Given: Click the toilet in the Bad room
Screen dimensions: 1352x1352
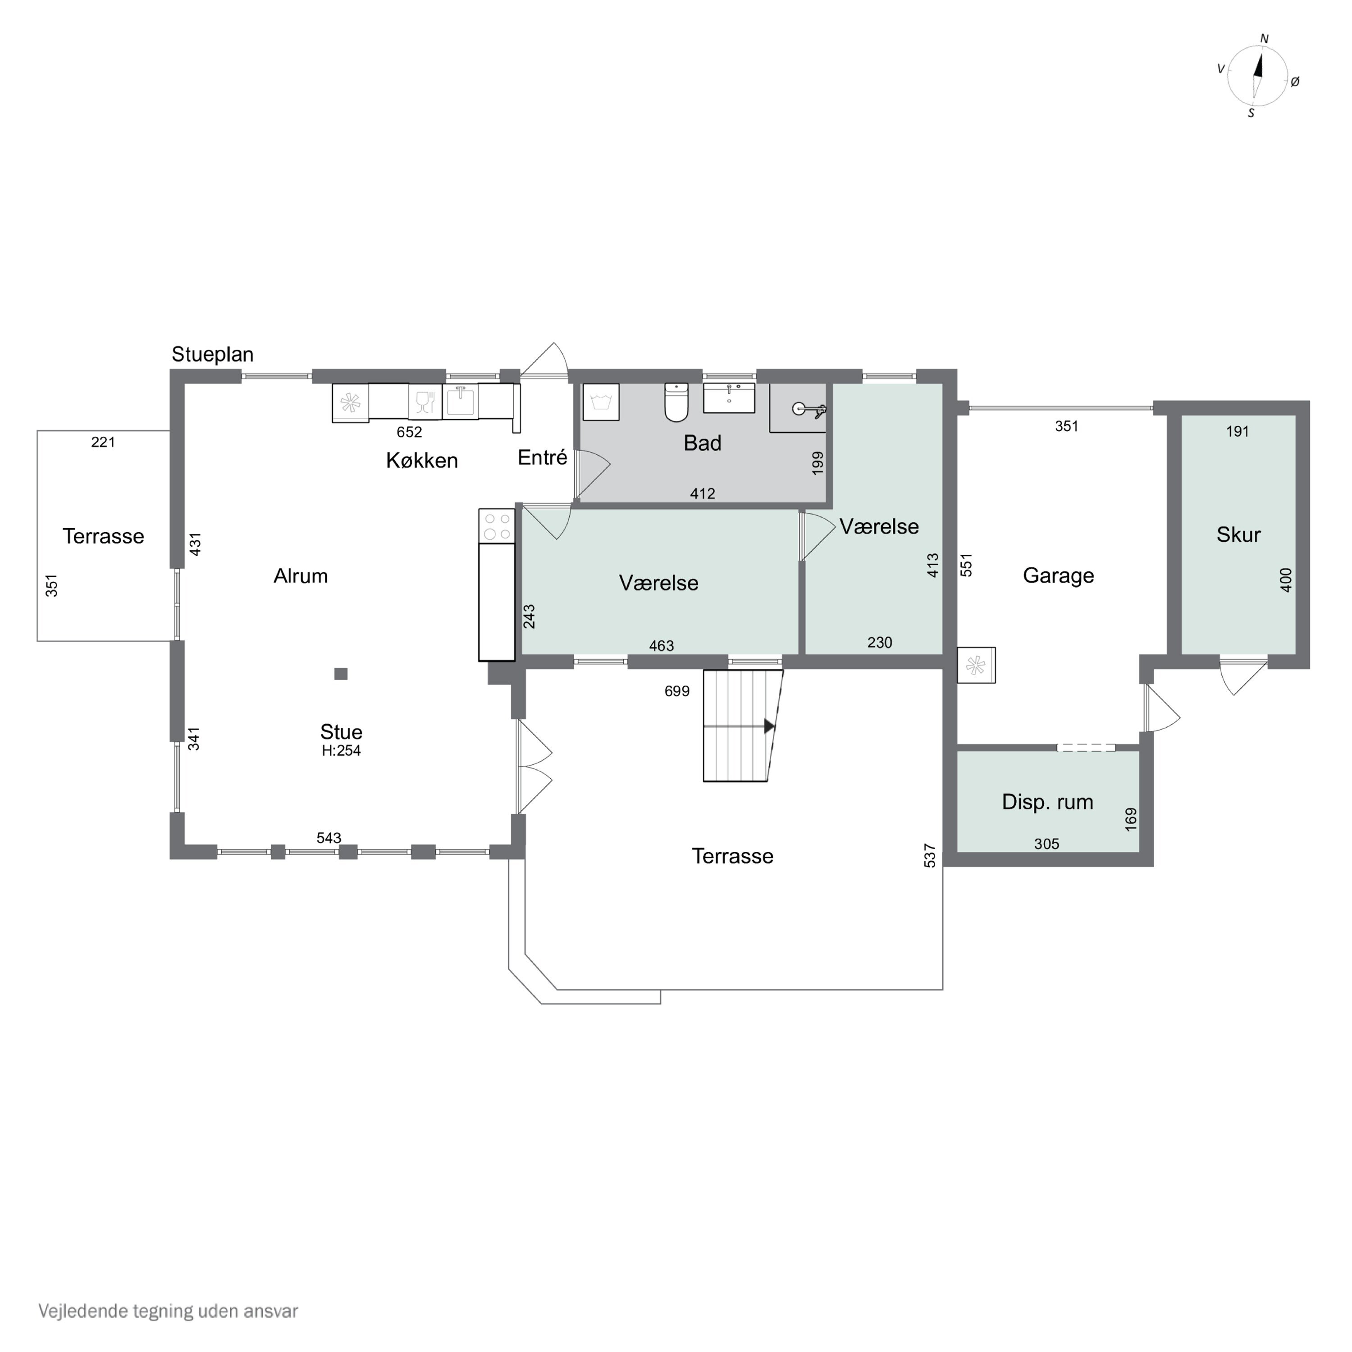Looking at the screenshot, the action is click(676, 402).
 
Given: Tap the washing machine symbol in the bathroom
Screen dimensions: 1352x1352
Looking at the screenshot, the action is click(600, 402).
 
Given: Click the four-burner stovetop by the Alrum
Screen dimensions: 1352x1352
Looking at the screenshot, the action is click(496, 526).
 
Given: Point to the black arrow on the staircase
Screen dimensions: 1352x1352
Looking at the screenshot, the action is click(769, 726).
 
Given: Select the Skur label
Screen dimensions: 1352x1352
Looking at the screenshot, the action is click(1238, 534).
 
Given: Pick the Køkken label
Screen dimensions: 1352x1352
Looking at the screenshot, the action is click(422, 461).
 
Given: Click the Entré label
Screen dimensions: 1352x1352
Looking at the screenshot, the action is click(542, 458).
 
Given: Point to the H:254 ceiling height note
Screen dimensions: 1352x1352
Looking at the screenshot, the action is click(342, 751).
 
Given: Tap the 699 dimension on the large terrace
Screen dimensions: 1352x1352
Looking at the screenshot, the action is click(677, 691).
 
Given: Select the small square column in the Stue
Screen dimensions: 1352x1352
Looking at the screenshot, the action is click(341, 674).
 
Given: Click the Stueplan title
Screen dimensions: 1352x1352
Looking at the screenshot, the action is click(213, 355).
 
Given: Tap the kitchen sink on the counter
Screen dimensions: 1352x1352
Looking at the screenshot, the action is click(461, 401).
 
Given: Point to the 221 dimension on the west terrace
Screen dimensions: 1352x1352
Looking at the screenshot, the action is click(103, 442).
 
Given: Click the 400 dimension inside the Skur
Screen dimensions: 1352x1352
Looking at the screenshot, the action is click(1286, 580).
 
